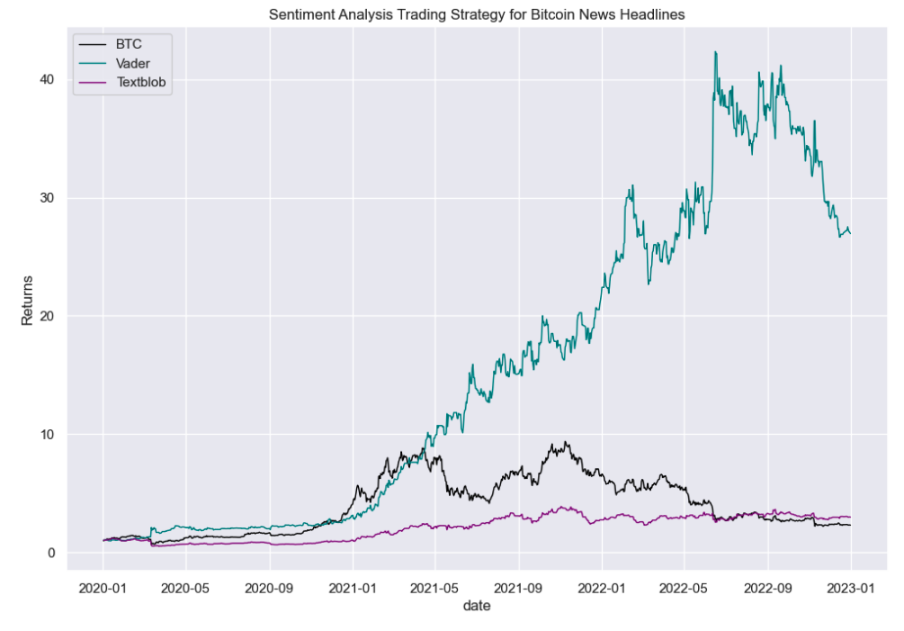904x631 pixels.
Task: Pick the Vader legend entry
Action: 133,63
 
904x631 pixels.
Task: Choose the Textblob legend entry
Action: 141,83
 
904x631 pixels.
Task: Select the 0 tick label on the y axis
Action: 51,553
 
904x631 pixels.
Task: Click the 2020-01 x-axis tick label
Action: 103,587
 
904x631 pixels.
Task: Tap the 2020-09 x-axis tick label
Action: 270,587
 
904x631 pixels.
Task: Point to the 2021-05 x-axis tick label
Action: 435,587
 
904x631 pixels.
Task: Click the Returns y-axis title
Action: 27,301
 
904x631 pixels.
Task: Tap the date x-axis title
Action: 477,607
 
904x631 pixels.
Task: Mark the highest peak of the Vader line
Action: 715,52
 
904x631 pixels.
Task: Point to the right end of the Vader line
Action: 851,233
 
